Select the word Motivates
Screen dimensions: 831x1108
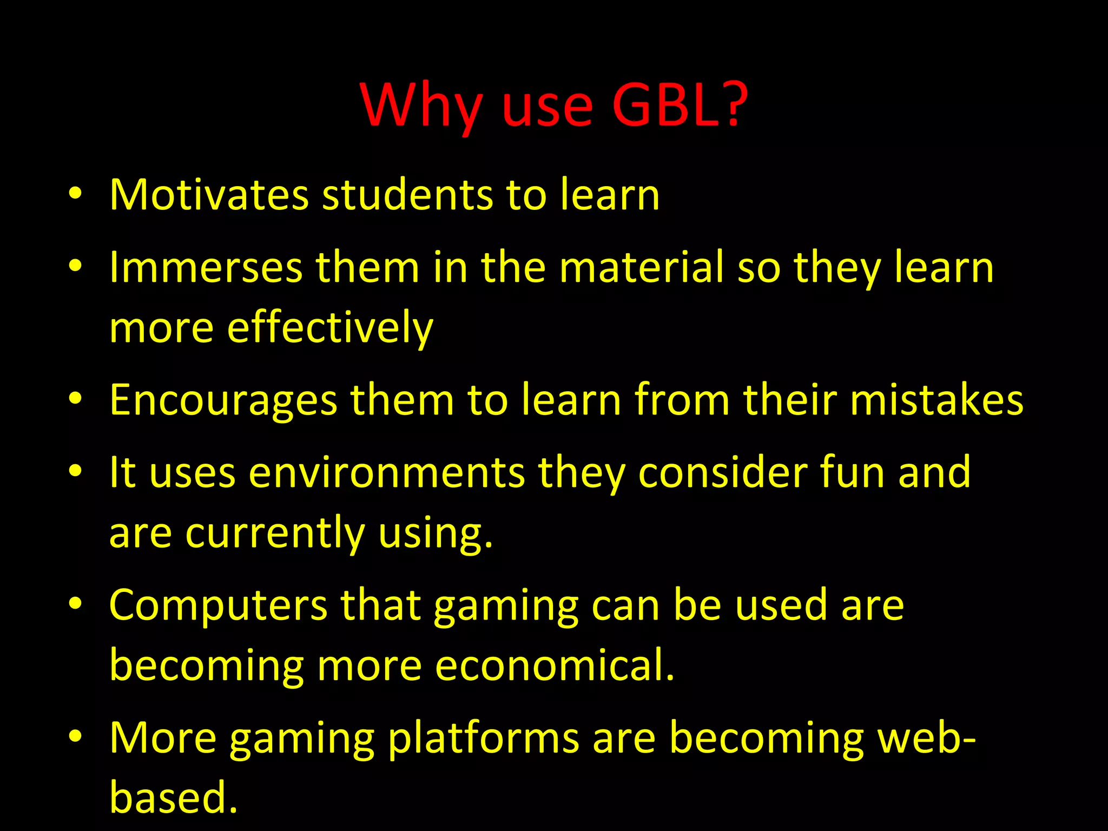(209, 195)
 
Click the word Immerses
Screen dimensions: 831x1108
(206, 267)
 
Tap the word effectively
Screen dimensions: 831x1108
(330, 328)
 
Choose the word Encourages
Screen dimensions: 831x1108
(223, 400)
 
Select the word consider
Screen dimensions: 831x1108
(722, 472)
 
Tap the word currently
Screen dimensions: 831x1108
(275, 533)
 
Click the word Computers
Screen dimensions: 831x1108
(218, 605)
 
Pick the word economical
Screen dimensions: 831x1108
(554, 665)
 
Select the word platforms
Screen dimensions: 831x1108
(483, 738)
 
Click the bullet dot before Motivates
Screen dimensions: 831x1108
(75, 194)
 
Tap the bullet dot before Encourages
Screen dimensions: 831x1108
(75, 399)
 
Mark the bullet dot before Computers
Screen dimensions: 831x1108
(75, 604)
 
